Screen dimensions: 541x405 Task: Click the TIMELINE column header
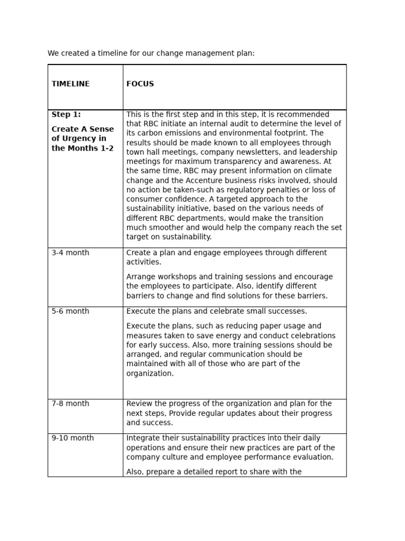tap(71, 84)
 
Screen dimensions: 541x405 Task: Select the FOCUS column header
tap(140, 84)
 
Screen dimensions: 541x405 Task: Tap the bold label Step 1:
tap(66, 115)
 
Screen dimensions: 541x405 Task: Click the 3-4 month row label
tap(71, 253)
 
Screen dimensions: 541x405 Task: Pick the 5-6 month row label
tap(71, 312)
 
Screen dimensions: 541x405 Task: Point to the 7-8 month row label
tap(71, 404)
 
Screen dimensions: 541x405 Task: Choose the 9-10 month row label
tap(73, 439)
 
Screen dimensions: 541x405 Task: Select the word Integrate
tap(143, 439)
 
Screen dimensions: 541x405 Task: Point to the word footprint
tap(291, 134)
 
